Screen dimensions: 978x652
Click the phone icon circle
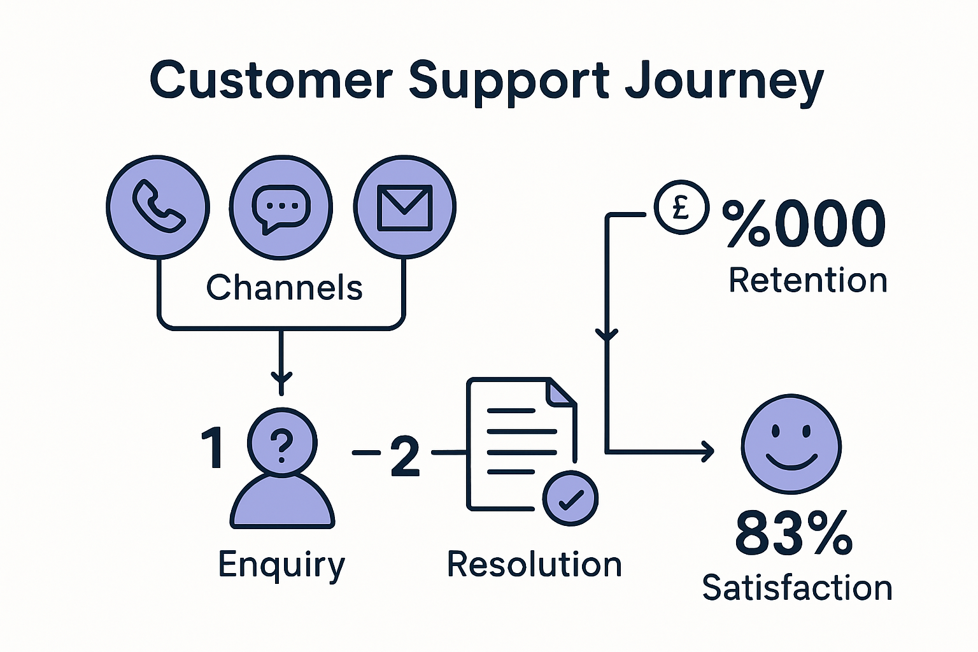[158, 208]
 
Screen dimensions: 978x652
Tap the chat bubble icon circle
[281, 208]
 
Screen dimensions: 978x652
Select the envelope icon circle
[405, 208]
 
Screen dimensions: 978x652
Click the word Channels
[284, 287]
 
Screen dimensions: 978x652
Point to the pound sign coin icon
[681, 207]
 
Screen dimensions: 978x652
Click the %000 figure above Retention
[804, 223]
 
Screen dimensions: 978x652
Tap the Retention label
[808, 280]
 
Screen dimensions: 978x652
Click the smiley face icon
[791, 444]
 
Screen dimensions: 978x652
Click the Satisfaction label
[797, 588]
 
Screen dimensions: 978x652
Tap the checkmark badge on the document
[570, 499]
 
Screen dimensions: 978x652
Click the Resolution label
[534, 564]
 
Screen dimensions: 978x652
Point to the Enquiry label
[281, 565]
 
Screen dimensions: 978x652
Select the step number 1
[213, 448]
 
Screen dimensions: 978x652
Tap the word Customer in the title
[272, 81]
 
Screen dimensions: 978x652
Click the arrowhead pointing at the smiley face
[707, 451]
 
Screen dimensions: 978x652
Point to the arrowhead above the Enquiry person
[281, 379]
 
